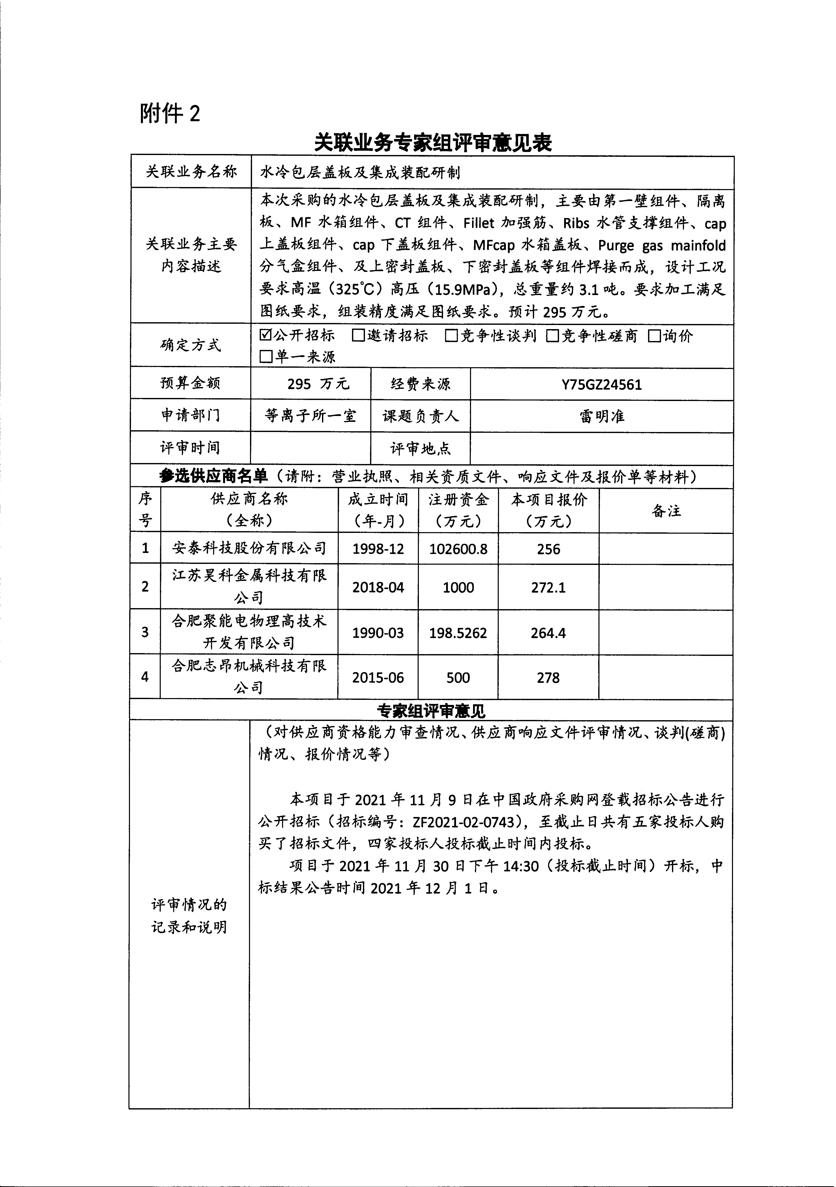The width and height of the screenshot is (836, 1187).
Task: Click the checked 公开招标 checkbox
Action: point(266,335)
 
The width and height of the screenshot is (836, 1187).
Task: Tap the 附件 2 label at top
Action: point(170,113)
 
